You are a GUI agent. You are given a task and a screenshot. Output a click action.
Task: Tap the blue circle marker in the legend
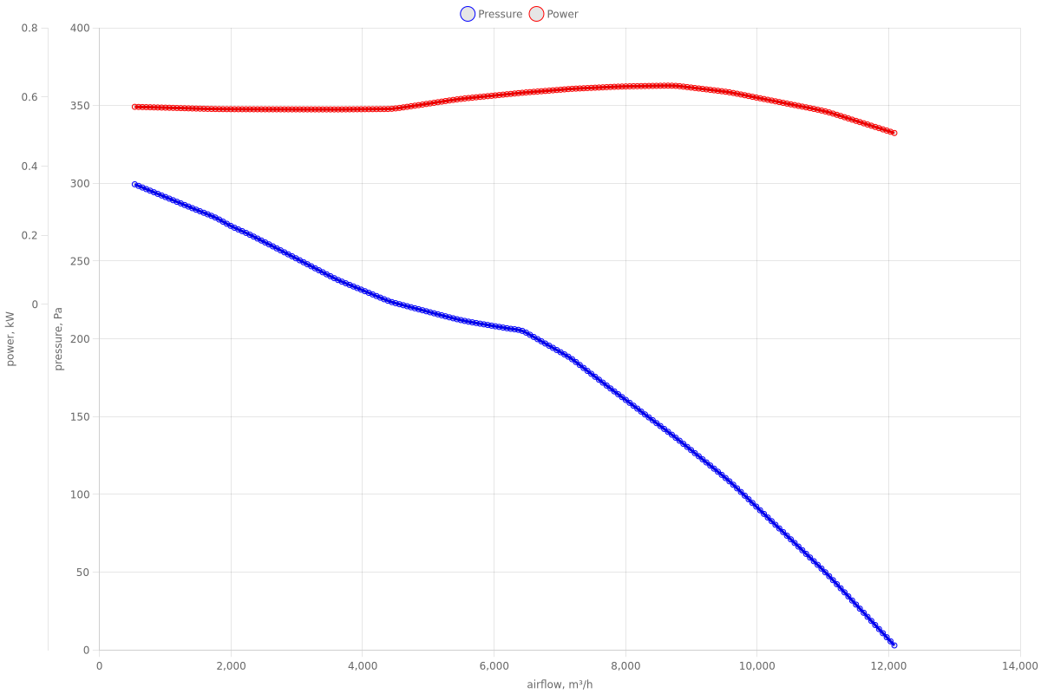468,14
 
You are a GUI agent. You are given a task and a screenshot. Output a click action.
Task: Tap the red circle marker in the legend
536,14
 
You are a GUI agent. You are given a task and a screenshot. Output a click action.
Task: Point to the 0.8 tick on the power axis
29,28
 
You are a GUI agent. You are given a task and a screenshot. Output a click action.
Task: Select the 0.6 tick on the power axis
29,97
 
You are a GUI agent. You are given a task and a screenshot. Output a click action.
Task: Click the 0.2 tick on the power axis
29,235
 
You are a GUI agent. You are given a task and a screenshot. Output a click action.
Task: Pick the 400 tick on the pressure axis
80,28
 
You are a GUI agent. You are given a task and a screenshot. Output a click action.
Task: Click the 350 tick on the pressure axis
80,106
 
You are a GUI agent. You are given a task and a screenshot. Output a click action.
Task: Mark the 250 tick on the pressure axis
80,261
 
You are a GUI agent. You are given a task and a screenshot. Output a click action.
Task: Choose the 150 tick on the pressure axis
80,417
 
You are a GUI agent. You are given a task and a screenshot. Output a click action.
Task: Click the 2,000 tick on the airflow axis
231,666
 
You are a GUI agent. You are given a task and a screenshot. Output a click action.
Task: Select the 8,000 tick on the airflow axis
625,666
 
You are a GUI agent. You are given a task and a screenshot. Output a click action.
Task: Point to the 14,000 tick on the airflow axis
1020,666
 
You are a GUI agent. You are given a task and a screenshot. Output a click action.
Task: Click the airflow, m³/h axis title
560,684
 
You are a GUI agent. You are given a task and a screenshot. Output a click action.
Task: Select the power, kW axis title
10,339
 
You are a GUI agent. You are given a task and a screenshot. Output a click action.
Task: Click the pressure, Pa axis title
59,339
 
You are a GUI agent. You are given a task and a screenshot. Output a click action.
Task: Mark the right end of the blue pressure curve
894,645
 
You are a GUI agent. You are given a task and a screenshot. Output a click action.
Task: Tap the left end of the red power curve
134,107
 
